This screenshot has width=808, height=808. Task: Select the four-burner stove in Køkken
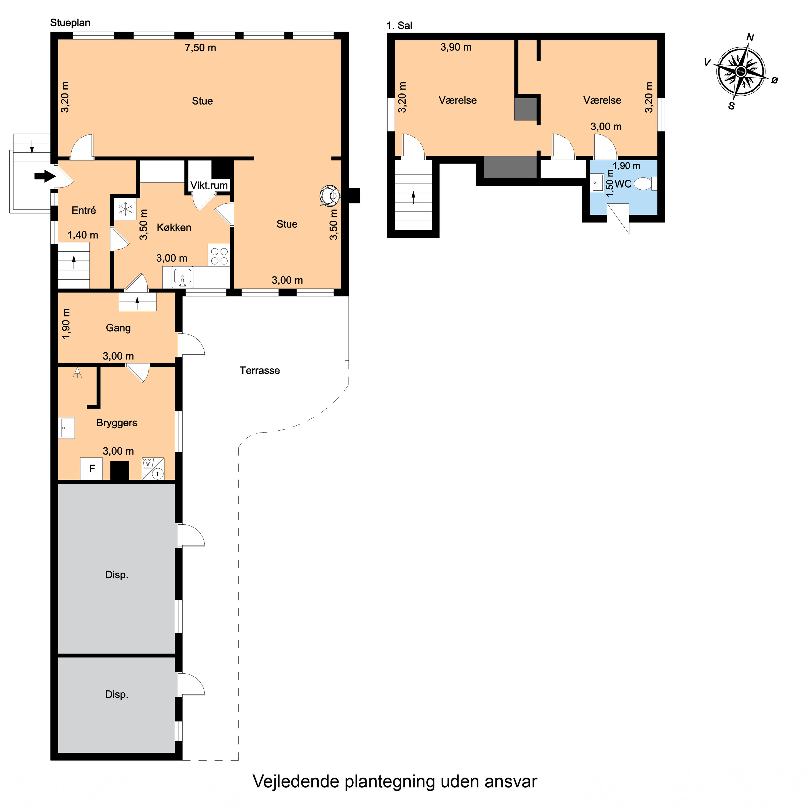click(x=219, y=256)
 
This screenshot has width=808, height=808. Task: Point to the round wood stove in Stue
click(x=330, y=195)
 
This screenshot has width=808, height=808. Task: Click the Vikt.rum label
click(x=209, y=185)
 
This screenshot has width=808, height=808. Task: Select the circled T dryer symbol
click(x=158, y=474)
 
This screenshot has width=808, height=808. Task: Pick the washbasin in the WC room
click(x=598, y=183)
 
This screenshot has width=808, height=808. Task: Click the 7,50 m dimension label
click(x=200, y=48)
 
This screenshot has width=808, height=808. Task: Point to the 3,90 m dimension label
click(x=456, y=47)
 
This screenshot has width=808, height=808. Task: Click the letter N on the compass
click(x=750, y=38)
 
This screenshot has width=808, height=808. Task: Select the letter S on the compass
click(x=732, y=106)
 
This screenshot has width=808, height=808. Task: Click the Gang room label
click(x=118, y=328)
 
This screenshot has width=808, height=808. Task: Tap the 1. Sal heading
click(x=399, y=26)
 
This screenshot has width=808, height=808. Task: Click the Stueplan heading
click(x=70, y=23)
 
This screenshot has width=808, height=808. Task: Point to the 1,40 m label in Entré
click(x=83, y=235)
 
